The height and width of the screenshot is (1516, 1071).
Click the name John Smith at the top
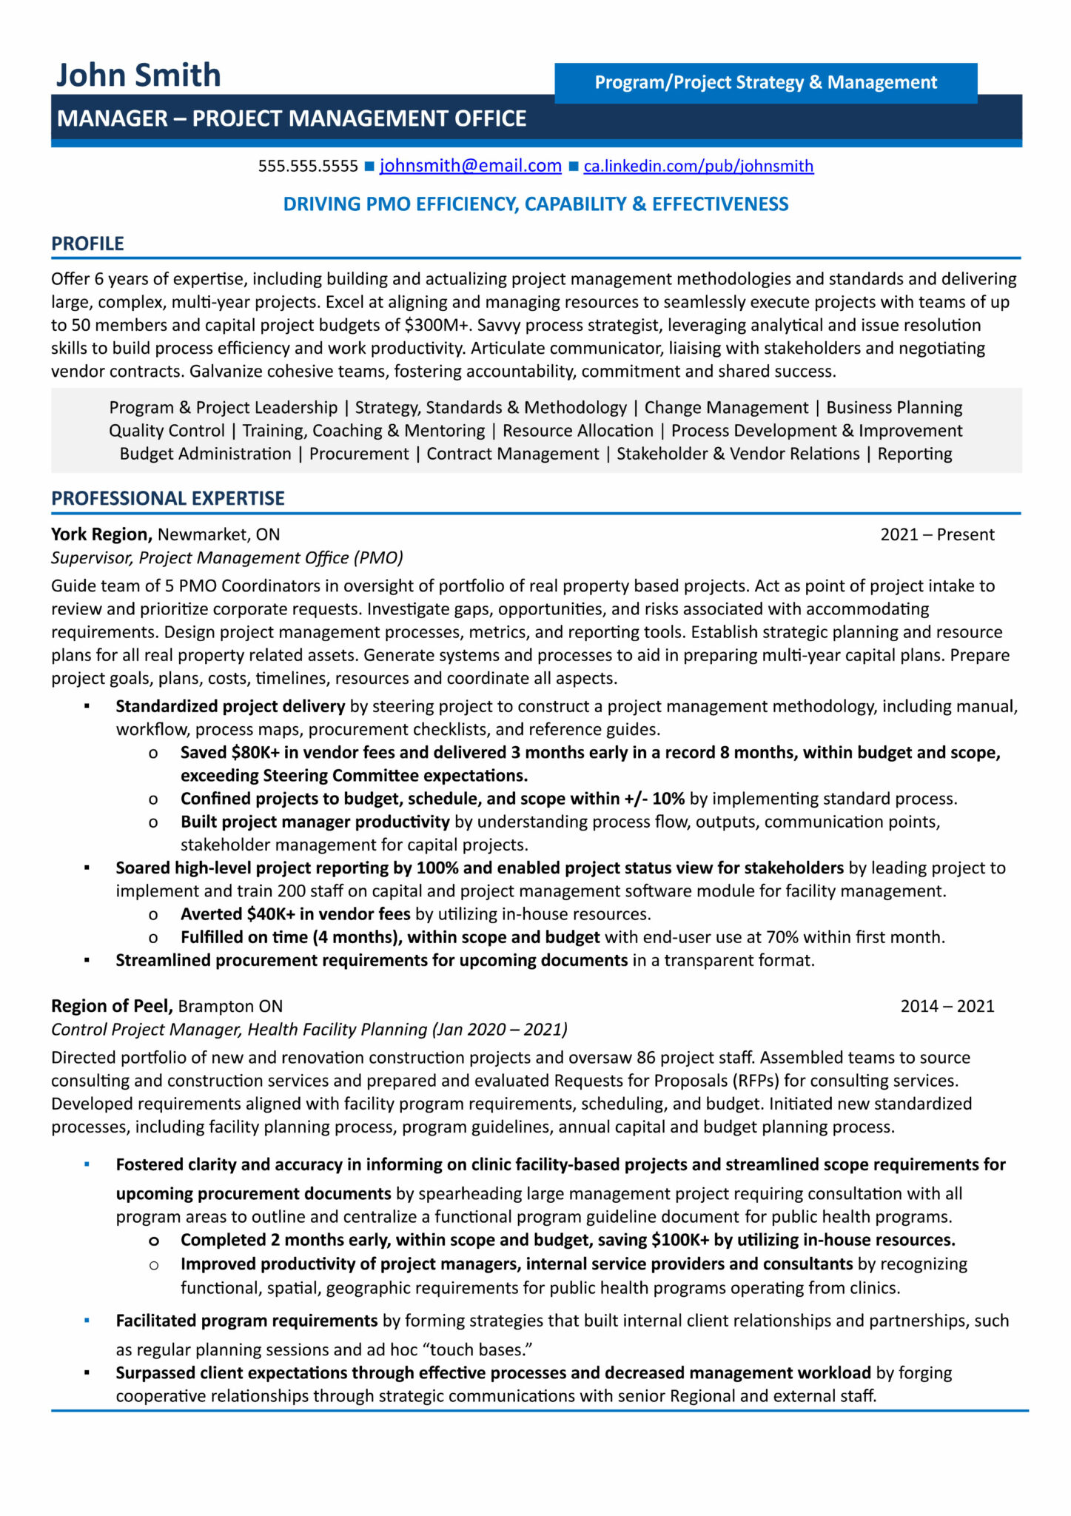138,75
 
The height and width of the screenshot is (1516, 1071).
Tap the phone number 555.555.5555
308,166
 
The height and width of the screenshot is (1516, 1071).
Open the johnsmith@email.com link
470,166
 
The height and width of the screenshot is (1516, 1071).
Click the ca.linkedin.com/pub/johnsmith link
698,166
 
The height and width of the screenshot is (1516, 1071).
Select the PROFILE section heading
87,244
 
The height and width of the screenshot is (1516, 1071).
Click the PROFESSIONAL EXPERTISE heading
167,498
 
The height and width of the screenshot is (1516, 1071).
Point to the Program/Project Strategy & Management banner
765,82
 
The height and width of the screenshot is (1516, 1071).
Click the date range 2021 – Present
937,534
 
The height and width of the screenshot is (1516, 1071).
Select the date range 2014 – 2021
947,1006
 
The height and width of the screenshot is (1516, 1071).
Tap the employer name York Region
101,534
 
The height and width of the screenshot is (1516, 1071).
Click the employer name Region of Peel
111,1006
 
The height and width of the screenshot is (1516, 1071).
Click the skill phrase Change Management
726,407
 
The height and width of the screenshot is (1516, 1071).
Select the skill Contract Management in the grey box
512,454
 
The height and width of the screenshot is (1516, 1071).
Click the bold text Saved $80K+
226,753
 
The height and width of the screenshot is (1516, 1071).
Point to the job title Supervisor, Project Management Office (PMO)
226,557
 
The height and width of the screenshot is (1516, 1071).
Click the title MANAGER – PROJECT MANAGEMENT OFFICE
292,118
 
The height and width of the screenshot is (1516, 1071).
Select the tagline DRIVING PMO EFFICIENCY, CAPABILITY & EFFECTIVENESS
536,204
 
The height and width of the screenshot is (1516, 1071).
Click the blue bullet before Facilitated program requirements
87,1320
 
